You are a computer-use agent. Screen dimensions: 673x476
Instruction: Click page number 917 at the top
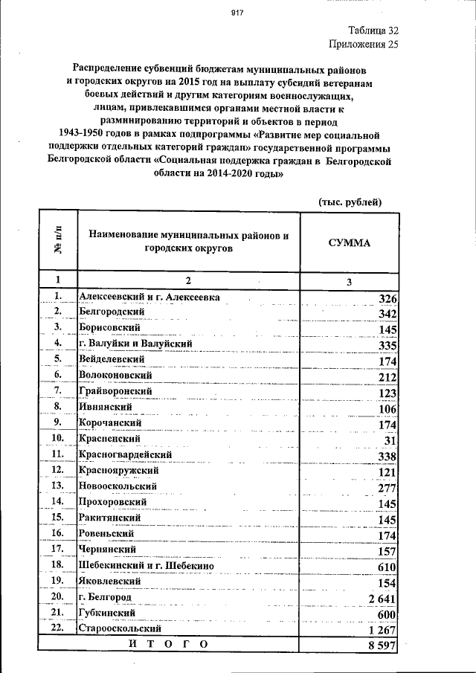237,13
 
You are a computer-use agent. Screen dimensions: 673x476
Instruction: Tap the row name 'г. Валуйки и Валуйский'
136,344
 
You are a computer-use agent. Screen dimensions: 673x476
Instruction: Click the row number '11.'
57,454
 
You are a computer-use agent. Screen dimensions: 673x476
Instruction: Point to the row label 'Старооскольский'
120,628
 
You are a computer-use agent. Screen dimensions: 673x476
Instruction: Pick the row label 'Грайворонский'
116,391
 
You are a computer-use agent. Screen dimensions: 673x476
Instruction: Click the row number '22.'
57,628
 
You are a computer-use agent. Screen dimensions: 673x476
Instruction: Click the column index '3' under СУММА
349,282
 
